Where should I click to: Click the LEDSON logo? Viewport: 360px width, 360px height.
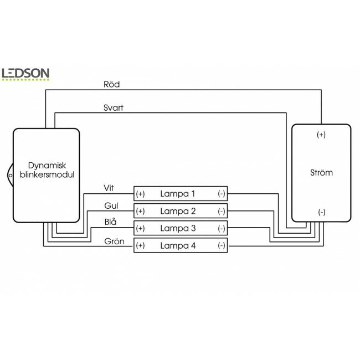coord(25,74)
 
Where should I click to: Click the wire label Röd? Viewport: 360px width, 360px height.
coord(111,85)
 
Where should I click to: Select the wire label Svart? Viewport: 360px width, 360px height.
coord(114,107)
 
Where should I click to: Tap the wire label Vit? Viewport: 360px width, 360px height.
coord(109,188)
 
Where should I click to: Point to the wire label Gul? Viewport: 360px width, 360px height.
coord(111,205)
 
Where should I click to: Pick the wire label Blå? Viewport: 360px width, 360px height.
coord(110,223)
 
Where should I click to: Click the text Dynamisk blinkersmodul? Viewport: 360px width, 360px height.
coord(47,170)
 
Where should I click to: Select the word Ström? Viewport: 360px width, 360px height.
coord(321,172)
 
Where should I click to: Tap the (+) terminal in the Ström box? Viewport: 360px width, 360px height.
coord(321,135)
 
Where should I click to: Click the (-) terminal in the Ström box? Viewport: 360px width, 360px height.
coord(321,212)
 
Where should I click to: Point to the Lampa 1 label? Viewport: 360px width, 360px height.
coord(178,194)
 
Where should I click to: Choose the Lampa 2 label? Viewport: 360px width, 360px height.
coord(178,211)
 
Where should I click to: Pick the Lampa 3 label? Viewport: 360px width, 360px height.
coord(178,228)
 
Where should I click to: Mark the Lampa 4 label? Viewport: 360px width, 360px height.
coord(178,245)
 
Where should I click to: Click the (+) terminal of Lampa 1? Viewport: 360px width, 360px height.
coord(140,194)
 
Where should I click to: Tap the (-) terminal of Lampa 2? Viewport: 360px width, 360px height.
coord(222,211)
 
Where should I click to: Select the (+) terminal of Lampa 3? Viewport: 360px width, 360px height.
coord(140,228)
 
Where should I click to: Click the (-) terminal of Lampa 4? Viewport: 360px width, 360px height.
coord(222,245)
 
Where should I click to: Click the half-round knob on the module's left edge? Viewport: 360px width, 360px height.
coord(11,174)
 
